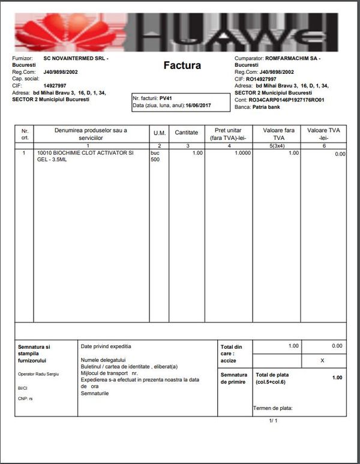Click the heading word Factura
pos(182,65)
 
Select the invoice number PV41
pos(166,97)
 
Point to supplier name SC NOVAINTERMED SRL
pos(76,59)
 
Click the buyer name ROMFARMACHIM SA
pos(292,59)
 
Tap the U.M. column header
pos(160,133)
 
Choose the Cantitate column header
pos(186,133)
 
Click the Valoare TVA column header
pos(323,133)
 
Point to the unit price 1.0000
pos(239,154)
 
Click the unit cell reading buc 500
pos(155,157)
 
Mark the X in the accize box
pos(323,361)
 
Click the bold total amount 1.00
pos(337,378)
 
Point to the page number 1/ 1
pos(274,421)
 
